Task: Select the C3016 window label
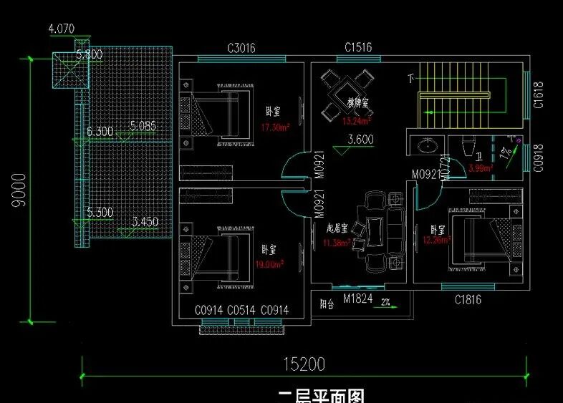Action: [x=241, y=49]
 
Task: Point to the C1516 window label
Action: [x=358, y=48]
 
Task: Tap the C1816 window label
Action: [x=468, y=300]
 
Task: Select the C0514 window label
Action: [x=242, y=310]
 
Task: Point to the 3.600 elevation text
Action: [x=360, y=140]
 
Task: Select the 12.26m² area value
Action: [x=436, y=241]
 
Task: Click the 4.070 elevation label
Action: [x=62, y=29]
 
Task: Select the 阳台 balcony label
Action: [x=327, y=304]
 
